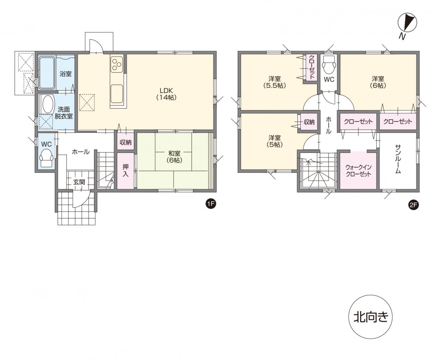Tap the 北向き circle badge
point(371,317)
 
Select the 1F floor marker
point(210,204)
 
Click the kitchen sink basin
point(118,93)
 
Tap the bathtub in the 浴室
point(46,73)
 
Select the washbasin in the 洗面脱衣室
point(46,105)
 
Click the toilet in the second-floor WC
point(329,65)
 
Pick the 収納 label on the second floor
point(309,122)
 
